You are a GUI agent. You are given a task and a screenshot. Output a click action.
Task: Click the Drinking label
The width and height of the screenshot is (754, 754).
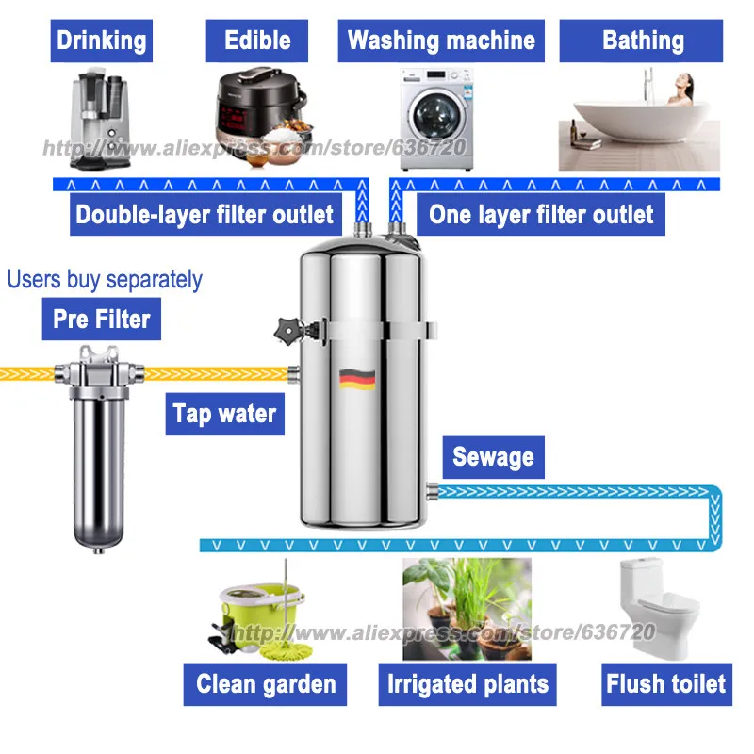coord(102,41)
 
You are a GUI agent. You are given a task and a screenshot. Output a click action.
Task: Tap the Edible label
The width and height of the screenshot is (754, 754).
coord(257,41)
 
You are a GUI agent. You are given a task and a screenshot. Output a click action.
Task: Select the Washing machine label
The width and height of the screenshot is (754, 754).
coord(441,41)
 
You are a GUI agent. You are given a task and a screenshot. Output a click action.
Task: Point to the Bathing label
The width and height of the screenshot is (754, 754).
coord(643,41)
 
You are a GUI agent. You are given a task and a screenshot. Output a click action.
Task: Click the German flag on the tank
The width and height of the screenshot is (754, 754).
coord(357,378)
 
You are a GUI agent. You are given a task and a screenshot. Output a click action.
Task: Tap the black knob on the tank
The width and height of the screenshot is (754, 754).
coord(283,332)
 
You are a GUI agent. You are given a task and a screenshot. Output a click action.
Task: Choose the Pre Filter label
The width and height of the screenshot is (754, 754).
coord(101,319)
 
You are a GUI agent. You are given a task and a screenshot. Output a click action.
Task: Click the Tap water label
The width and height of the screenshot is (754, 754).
coord(224,413)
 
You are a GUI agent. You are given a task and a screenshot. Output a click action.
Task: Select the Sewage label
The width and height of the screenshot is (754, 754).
coord(493,457)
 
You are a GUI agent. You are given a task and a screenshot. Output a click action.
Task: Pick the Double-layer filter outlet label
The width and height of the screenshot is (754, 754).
coord(205,215)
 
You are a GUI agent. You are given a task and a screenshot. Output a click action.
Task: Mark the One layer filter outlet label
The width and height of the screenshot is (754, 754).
coord(541,215)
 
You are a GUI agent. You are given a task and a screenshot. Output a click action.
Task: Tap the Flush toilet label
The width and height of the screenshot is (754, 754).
coord(666,683)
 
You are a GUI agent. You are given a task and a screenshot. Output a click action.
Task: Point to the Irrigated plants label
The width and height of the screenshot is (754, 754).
coord(467,684)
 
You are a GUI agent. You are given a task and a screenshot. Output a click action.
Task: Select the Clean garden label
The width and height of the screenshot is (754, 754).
coord(266,684)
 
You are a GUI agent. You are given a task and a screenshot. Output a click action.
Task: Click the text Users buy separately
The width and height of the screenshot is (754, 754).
coord(105,279)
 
